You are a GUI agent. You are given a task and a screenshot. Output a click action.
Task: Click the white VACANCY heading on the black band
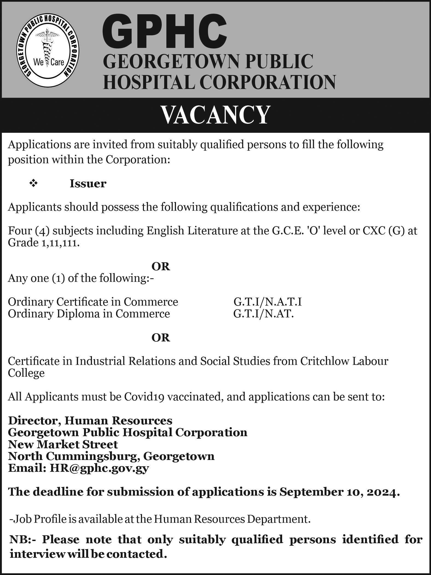[x=215, y=115]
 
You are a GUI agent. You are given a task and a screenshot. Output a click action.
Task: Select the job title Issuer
[x=88, y=184]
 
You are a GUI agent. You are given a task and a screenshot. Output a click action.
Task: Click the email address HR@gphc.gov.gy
[x=99, y=468]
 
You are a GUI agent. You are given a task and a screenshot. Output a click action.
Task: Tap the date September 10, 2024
[x=337, y=492]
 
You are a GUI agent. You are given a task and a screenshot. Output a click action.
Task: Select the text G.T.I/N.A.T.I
[x=267, y=302]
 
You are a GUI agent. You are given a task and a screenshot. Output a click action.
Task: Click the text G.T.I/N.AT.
[x=264, y=314]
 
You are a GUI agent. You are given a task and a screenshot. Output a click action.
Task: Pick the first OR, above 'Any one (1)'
[x=161, y=266]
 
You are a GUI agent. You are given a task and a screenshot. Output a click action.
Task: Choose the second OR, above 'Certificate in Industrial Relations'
[x=161, y=338]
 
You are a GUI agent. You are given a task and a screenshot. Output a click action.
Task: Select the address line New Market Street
[x=63, y=444]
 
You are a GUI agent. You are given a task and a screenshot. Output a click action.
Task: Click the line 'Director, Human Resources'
[x=90, y=420]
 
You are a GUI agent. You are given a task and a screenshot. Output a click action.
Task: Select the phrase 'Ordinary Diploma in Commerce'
[x=89, y=314]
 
